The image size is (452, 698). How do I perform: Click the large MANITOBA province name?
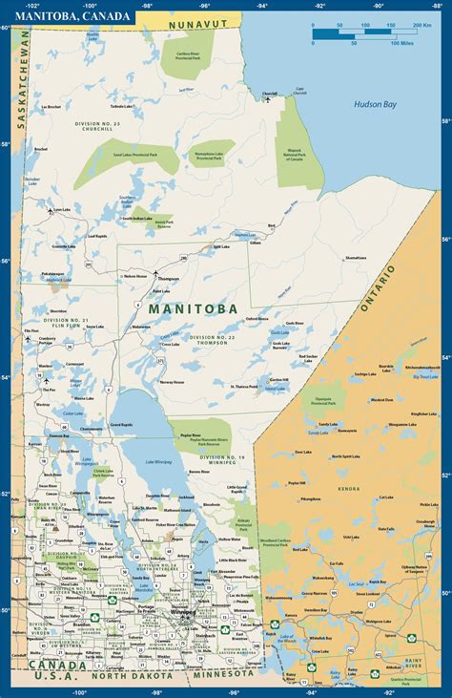point(188,308)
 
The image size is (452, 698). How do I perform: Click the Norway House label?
point(173,382)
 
